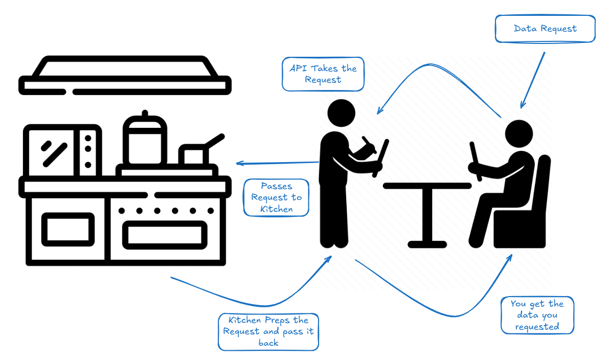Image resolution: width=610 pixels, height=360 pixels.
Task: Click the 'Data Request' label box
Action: (545, 29)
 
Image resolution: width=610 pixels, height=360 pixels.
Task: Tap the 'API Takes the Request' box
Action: (323, 74)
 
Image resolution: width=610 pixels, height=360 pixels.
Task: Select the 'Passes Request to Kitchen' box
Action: (277, 197)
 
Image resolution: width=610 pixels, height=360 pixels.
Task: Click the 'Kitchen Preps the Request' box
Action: (268, 332)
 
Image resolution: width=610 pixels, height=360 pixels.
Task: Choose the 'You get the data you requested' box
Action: (536, 315)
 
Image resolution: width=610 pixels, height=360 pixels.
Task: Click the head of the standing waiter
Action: (341, 113)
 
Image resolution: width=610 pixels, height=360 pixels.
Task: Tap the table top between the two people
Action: (427, 186)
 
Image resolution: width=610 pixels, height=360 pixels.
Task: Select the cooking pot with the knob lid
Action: (145, 140)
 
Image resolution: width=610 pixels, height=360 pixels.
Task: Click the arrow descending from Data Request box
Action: (532, 80)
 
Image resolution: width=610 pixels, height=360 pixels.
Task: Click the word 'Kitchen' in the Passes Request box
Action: (277, 209)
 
